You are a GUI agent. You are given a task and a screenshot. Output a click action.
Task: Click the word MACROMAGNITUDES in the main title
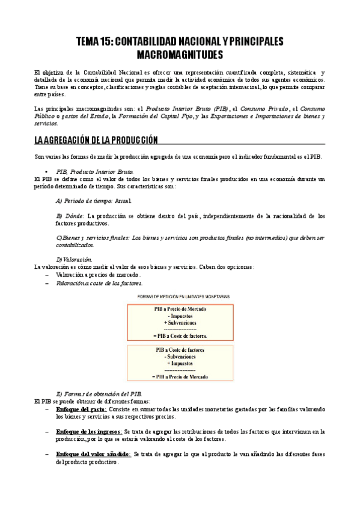coord(180,55)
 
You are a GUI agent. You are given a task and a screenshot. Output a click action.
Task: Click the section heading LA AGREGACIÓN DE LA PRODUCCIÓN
coord(96,140)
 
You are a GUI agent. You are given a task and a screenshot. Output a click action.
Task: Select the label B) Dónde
coord(70,215)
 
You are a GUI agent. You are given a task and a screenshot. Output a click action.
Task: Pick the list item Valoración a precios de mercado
coord(98,274)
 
